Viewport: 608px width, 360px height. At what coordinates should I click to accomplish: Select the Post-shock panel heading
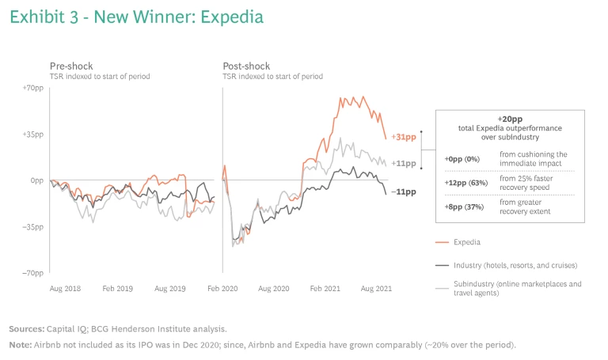(246, 66)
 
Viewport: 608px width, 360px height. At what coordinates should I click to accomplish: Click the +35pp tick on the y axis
(32, 134)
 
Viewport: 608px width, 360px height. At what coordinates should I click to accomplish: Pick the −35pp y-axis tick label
(32, 227)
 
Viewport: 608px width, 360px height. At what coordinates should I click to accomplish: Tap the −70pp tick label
(32, 273)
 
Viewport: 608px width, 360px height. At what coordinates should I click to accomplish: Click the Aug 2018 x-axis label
(66, 289)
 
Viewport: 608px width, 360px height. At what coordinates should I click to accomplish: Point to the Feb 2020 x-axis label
(222, 289)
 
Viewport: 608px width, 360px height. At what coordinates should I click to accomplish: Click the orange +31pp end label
(405, 138)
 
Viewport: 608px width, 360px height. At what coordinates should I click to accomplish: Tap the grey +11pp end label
(405, 163)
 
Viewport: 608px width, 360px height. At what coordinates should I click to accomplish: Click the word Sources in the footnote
(27, 328)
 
